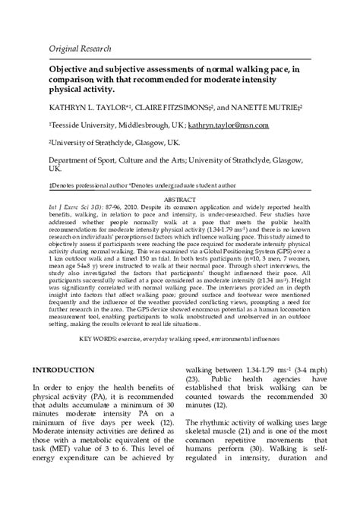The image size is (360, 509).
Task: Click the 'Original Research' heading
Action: point(81,48)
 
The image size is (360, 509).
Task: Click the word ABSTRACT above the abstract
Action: point(180,198)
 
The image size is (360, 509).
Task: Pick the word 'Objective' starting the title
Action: point(72,68)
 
